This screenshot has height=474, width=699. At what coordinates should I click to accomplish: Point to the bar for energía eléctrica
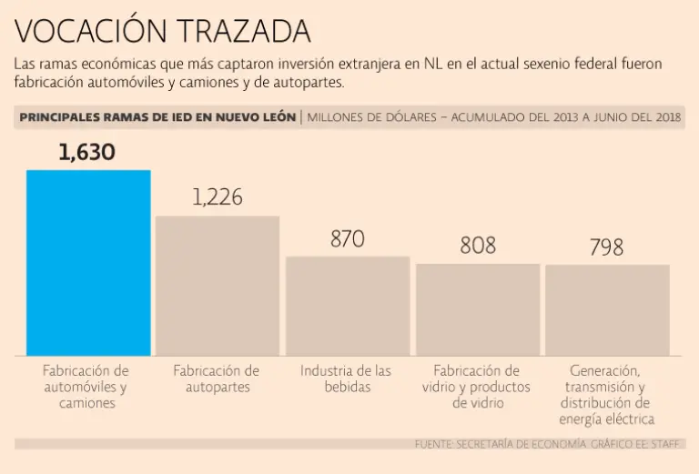607,309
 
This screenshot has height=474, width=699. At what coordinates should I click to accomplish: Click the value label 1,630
87,152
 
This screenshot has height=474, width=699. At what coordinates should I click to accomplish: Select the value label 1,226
218,197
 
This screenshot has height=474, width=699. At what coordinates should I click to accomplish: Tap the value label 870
347,239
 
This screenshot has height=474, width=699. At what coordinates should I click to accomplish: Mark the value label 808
478,246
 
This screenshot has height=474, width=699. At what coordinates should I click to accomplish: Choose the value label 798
606,247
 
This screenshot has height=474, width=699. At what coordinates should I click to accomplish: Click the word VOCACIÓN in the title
83,32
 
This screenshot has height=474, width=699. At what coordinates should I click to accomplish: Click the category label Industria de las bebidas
347,378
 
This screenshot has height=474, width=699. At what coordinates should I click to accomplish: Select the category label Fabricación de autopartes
217,378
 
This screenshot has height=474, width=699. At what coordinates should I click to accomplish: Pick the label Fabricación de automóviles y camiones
86,387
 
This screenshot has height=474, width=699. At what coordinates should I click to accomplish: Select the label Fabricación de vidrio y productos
476,387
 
